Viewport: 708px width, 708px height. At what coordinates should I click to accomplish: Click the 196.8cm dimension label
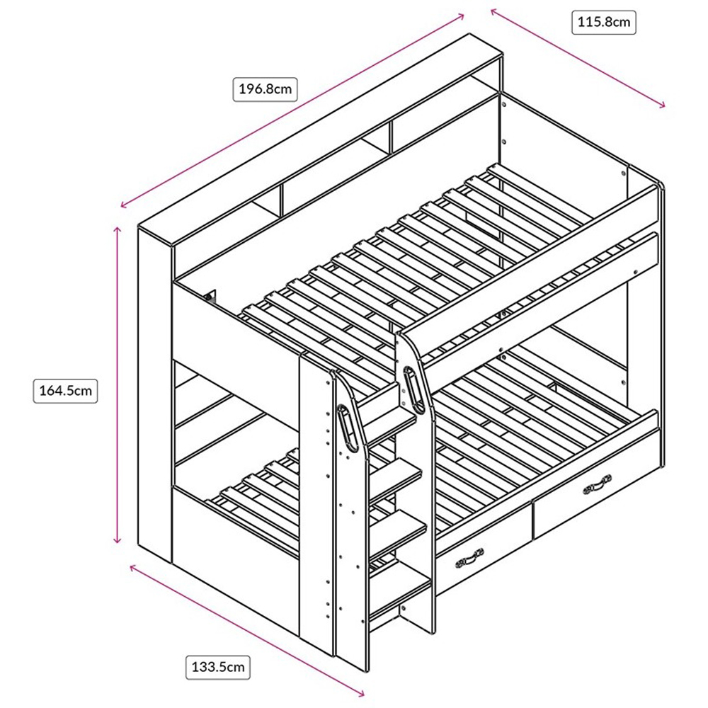point(264,89)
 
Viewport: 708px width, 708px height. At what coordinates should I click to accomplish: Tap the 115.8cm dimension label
point(603,23)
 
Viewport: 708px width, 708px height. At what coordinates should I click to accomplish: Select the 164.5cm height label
point(64,390)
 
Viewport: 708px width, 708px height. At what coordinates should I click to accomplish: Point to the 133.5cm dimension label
point(218,666)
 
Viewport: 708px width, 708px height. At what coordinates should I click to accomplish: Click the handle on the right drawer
point(597,485)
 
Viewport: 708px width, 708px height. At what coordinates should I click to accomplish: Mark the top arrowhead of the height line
point(118,230)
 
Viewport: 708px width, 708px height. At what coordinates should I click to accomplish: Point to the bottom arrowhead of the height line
point(118,542)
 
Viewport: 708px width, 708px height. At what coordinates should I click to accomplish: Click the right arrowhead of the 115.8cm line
point(663,106)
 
